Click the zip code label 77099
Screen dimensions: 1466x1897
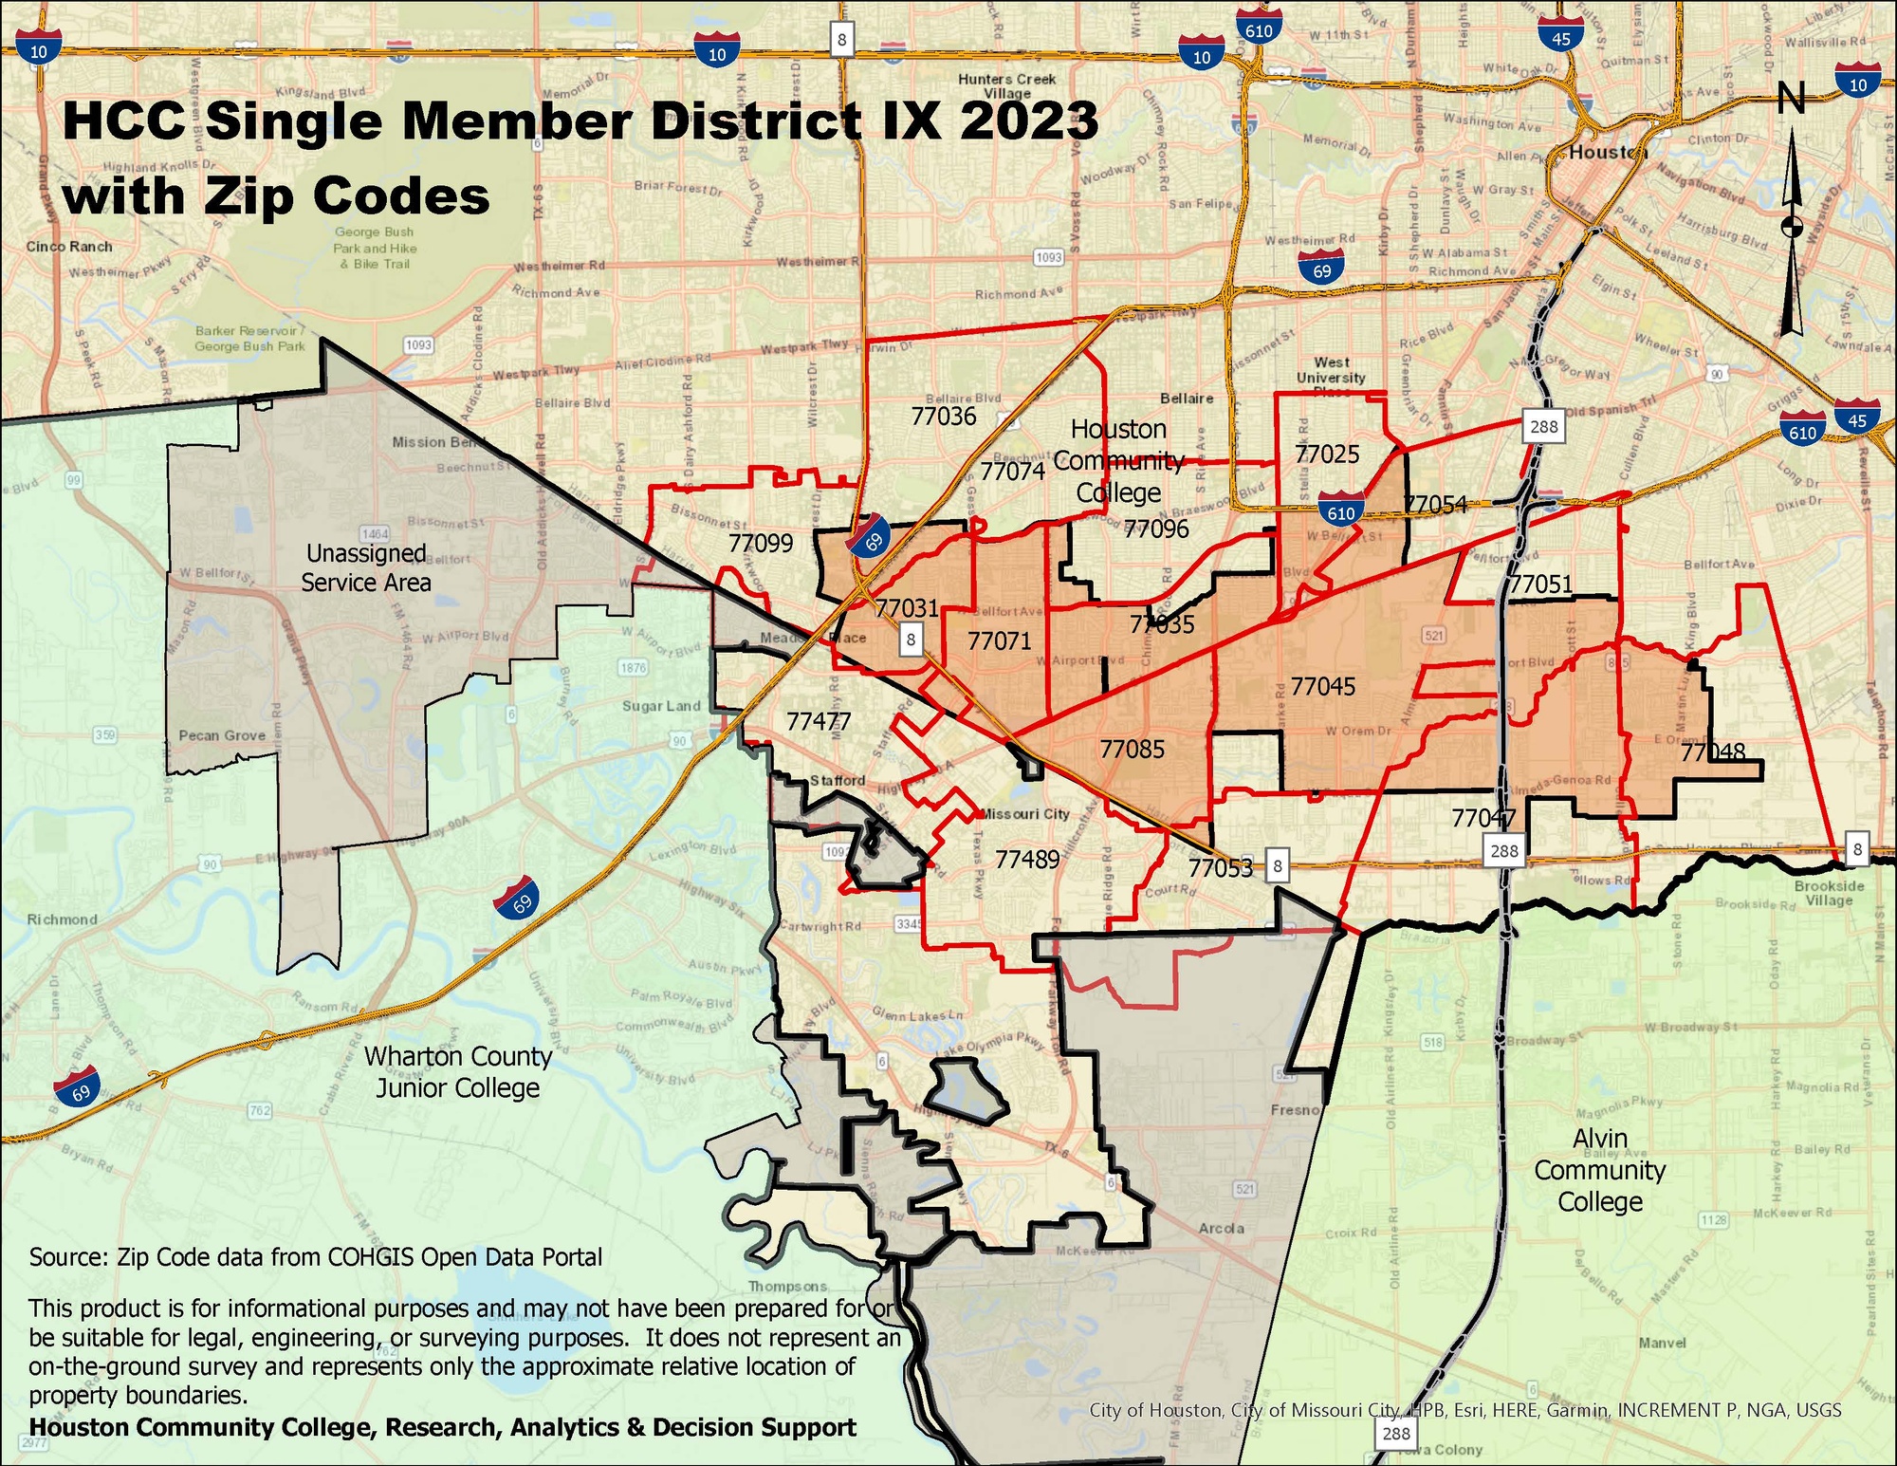761,544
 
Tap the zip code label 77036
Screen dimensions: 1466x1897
944,417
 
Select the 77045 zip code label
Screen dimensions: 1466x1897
1323,686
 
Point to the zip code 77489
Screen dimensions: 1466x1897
1027,860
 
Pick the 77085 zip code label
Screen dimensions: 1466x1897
1132,750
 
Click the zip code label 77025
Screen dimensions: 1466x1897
1327,455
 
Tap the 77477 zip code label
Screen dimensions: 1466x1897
819,722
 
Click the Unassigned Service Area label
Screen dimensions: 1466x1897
366,567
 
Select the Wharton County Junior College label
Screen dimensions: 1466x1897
458,1072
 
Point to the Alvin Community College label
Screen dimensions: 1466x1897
1600,1170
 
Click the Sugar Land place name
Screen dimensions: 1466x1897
661,706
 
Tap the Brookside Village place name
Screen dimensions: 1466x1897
1829,893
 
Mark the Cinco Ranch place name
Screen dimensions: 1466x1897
69,247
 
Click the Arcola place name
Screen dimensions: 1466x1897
1221,1228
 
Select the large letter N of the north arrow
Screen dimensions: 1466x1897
1791,98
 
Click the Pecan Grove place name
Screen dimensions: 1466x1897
222,735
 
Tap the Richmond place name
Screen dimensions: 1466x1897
62,919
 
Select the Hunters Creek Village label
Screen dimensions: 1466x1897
1006,86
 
